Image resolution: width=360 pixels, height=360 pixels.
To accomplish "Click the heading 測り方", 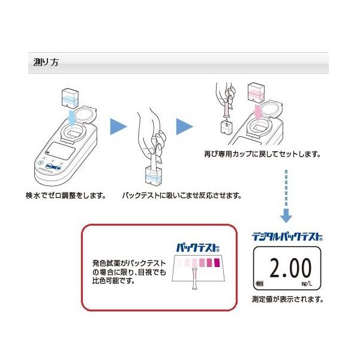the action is [x=46, y=62].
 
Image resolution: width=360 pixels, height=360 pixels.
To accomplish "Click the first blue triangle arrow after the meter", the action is [x=118, y=127].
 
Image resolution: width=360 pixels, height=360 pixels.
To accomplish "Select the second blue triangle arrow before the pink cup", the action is [x=184, y=127].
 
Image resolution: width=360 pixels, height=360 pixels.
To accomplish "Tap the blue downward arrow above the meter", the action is [x=73, y=117].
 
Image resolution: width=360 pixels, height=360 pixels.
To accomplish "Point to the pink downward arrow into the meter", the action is [x=258, y=113].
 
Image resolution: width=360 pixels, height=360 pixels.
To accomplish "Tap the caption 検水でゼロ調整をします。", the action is [x=66, y=196].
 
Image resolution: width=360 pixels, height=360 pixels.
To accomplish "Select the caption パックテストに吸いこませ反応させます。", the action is [x=182, y=196].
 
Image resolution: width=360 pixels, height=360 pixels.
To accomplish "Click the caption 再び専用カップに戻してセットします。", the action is [x=262, y=154].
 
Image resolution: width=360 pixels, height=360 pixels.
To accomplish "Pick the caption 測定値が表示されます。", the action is [x=288, y=299].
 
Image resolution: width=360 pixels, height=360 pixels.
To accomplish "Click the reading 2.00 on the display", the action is [x=290, y=268].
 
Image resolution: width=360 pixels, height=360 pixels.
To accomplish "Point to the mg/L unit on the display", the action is [x=307, y=283].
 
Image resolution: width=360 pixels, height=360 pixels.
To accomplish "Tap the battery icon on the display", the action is [x=260, y=284].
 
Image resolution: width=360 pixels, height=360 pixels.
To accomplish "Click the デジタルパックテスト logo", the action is [x=287, y=236].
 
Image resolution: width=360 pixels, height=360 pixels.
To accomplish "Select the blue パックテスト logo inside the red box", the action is [x=198, y=248].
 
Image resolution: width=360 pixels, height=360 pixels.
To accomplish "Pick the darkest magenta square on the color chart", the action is [x=217, y=263].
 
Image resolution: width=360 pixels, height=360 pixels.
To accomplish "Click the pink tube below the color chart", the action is [x=194, y=278].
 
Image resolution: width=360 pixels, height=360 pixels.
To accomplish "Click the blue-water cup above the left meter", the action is [x=70, y=98].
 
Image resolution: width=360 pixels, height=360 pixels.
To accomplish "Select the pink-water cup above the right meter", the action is [x=256, y=93].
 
